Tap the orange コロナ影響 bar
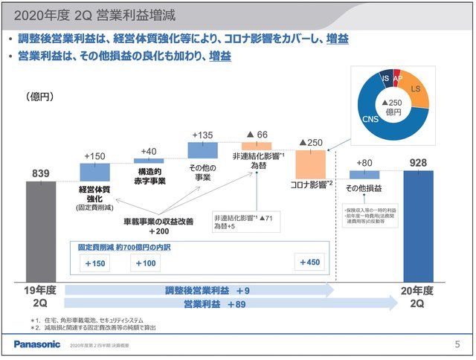[x=310, y=161]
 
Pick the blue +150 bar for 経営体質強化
[x=94, y=172]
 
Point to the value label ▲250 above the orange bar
[x=310, y=142]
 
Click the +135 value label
[x=202, y=135]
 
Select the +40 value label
[x=149, y=152]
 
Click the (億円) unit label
[x=41, y=96]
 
